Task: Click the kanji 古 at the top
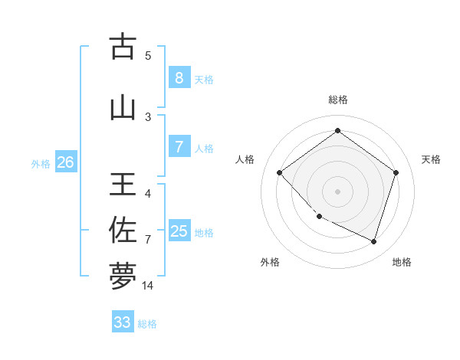pyautogui.click(x=123, y=47)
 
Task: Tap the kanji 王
pyautogui.click(x=123, y=186)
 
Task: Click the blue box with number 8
pyautogui.click(x=179, y=78)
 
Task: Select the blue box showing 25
pyautogui.click(x=179, y=231)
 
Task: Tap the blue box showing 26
pyautogui.click(x=65, y=162)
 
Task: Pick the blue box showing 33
pyautogui.click(x=123, y=322)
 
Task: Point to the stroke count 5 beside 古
pyautogui.click(x=148, y=55)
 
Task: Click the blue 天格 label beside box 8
pyautogui.click(x=204, y=80)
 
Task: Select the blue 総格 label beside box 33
pyautogui.click(x=147, y=324)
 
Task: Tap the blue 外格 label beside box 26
pyautogui.click(x=41, y=164)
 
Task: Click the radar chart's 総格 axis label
pyautogui.click(x=338, y=100)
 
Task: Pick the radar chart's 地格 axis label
pyautogui.click(x=402, y=262)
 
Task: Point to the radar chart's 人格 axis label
pyautogui.click(x=245, y=159)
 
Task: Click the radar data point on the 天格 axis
pyautogui.click(x=396, y=172)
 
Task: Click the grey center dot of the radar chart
pyautogui.click(x=337, y=191)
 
